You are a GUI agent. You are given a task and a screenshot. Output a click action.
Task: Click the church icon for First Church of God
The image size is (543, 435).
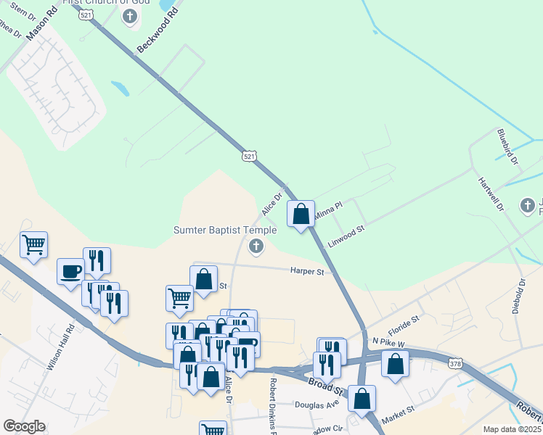tap(130, 17)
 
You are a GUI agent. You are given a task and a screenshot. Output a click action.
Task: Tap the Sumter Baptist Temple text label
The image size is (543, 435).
tap(225, 231)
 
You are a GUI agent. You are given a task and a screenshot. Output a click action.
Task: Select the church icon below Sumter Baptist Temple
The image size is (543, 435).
tap(256, 248)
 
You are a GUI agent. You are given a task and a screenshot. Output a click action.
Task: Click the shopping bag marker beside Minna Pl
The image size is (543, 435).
tap(301, 215)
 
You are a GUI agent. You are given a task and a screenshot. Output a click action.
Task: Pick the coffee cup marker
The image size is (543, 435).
tap(70, 271)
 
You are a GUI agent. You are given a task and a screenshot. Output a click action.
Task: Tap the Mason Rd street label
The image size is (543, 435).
tap(41, 24)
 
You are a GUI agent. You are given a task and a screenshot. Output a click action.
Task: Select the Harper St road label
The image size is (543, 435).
tap(306, 272)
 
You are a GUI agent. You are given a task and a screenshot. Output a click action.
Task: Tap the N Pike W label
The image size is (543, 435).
tap(388, 340)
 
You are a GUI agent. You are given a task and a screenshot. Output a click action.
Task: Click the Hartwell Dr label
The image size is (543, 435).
tap(491, 194)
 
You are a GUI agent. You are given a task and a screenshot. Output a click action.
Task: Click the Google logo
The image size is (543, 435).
tap(24, 426)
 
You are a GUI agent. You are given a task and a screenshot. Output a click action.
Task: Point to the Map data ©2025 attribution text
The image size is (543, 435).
tap(511, 429)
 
